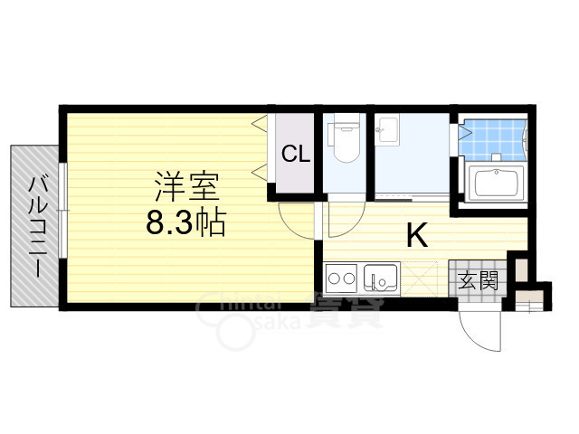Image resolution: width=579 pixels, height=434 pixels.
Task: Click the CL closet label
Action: click(296, 154)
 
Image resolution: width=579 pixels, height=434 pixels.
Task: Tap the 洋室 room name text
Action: click(187, 187)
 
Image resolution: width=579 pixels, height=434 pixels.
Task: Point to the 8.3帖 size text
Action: click(186, 222)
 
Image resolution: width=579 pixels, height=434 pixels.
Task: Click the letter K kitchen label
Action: click(415, 236)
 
